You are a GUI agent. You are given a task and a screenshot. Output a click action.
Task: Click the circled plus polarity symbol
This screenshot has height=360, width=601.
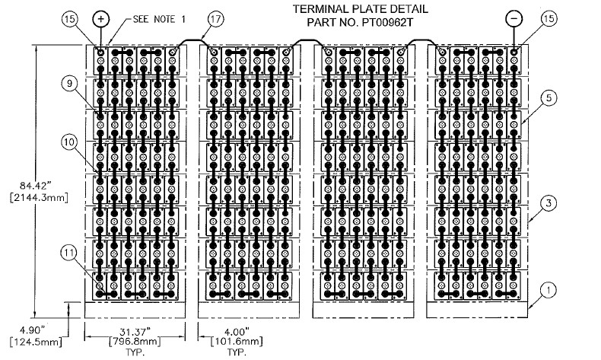tap(100, 18)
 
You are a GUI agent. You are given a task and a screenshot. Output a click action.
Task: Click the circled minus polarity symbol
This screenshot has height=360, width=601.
tap(514, 18)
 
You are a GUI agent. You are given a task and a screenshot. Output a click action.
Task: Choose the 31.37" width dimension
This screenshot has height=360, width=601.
tap(134, 330)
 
